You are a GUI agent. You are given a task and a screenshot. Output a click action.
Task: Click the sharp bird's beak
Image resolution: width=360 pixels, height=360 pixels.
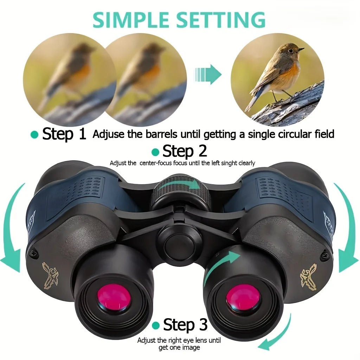(301, 50)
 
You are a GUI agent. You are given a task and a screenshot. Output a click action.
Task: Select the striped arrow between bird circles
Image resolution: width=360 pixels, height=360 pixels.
(208, 75)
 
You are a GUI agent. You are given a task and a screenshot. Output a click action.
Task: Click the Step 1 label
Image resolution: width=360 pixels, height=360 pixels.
(64, 134)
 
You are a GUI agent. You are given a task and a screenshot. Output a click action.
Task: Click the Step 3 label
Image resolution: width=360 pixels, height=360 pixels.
(185, 324)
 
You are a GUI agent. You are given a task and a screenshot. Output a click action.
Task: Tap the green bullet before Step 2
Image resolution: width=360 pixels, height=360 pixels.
(155, 152)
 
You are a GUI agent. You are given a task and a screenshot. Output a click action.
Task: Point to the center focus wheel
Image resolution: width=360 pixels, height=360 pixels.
(180, 192)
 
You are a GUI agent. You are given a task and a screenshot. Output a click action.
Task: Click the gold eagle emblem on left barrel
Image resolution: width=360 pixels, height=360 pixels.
(51, 274)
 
